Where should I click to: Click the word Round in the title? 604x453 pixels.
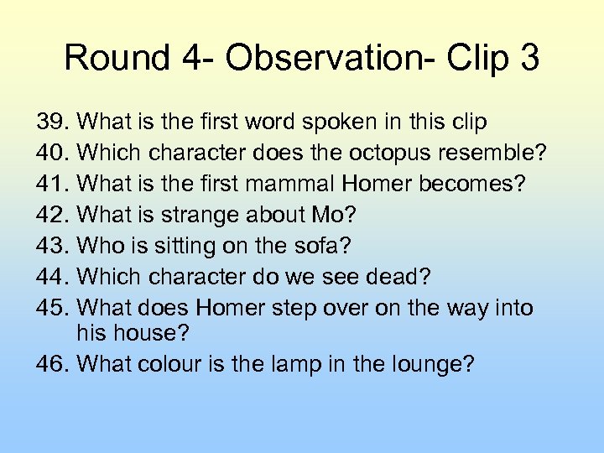pyautogui.click(x=116, y=58)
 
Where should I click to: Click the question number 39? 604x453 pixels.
pyautogui.click(x=52, y=122)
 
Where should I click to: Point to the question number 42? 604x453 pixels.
pyautogui.click(x=52, y=216)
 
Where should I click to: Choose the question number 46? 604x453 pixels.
pyautogui.click(x=52, y=365)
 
